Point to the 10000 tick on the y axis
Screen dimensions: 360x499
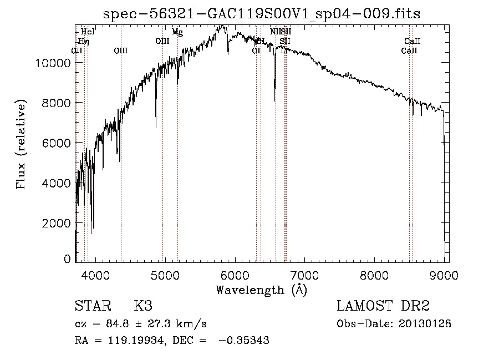pyautogui.click(x=55, y=63)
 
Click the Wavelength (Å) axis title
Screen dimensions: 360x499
pyautogui.click(x=261, y=290)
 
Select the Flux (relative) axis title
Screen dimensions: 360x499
pyautogui.click(x=22, y=145)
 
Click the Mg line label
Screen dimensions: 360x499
pyautogui.click(x=177, y=32)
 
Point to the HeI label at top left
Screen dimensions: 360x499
pyautogui.click(x=88, y=32)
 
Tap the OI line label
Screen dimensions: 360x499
pyautogui.click(x=256, y=50)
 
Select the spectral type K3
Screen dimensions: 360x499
pyautogui.click(x=143, y=306)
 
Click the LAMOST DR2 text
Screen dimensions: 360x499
pyautogui.click(x=383, y=306)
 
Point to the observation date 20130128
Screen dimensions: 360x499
pyautogui.click(x=424, y=323)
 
